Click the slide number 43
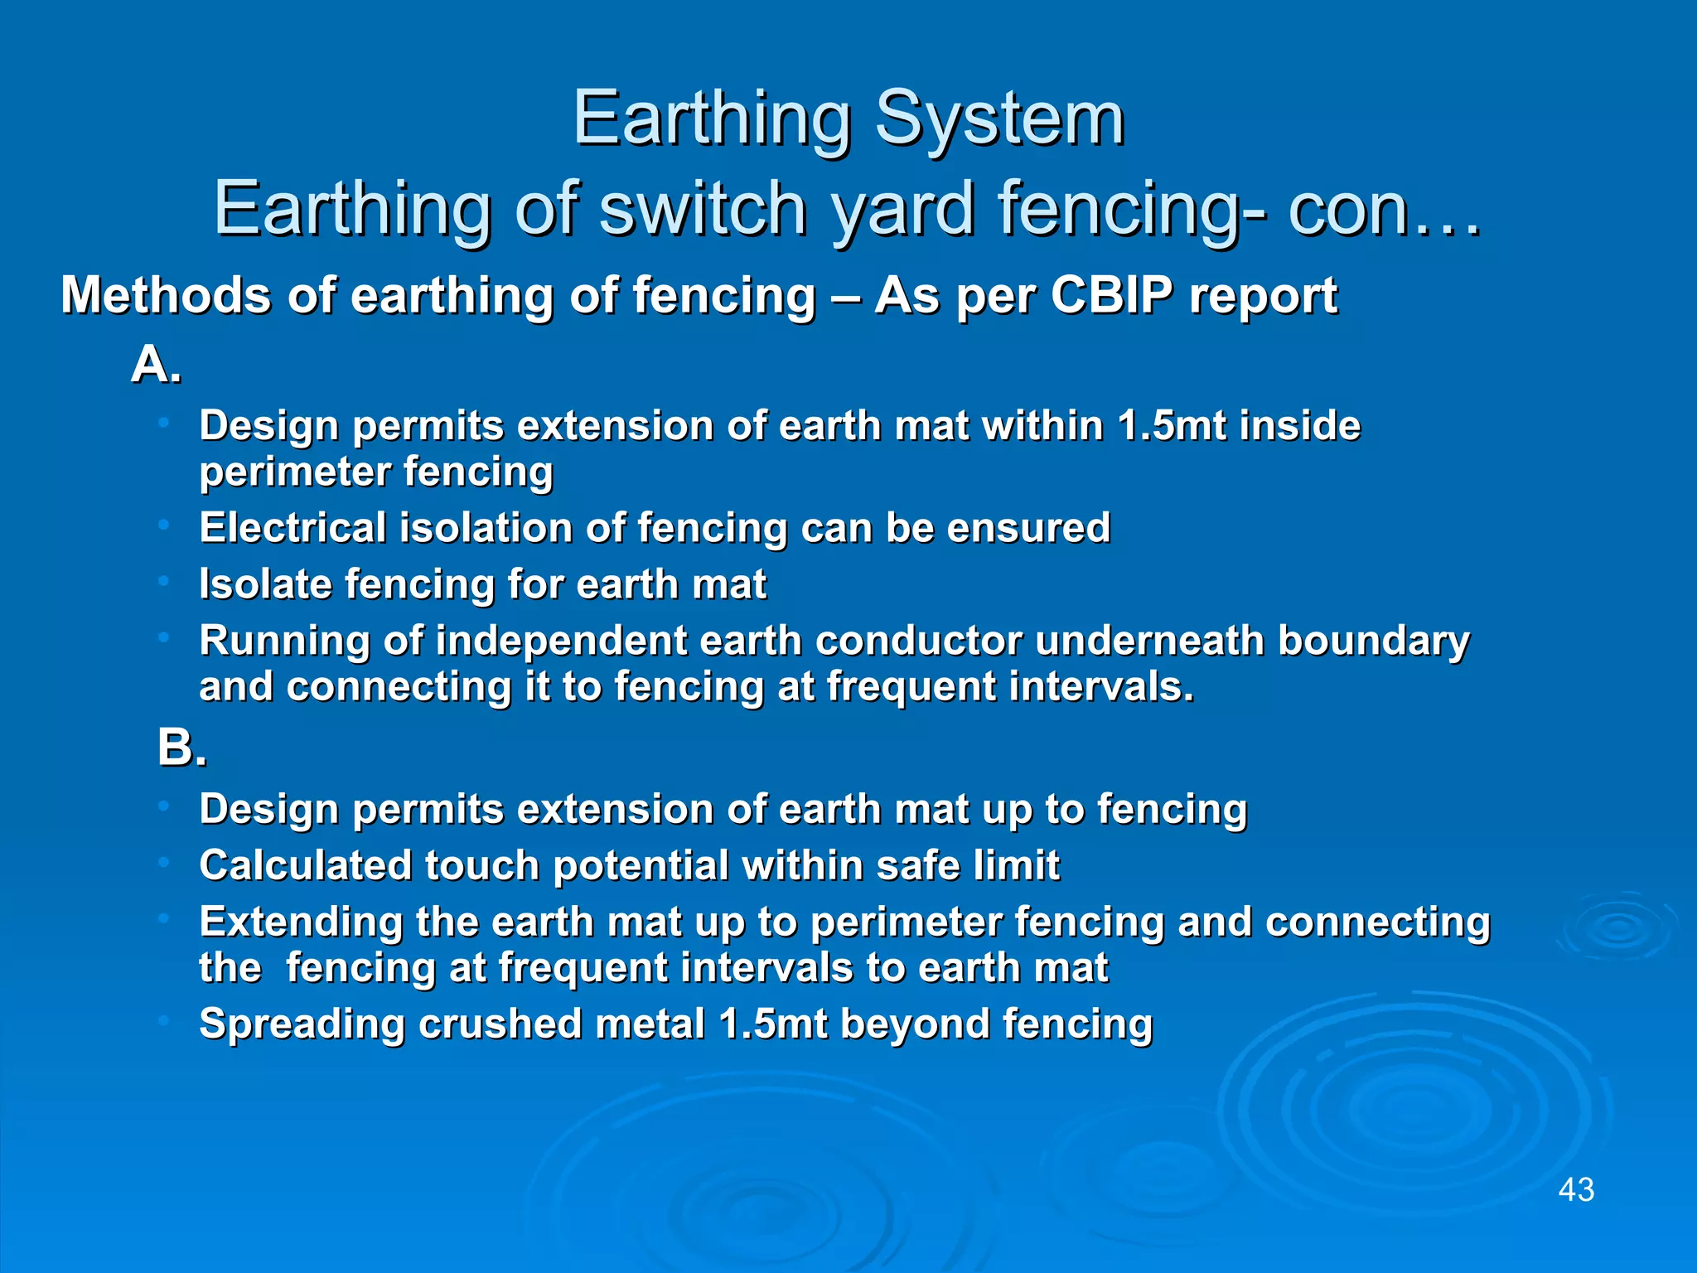click(x=1576, y=1189)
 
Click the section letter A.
click(x=156, y=364)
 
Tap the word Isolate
click(x=264, y=583)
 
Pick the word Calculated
click(x=305, y=865)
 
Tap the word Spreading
click(x=302, y=1024)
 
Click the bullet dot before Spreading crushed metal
click(x=164, y=1020)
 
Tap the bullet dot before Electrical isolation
click(x=164, y=525)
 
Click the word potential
click(x=641, y=865)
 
